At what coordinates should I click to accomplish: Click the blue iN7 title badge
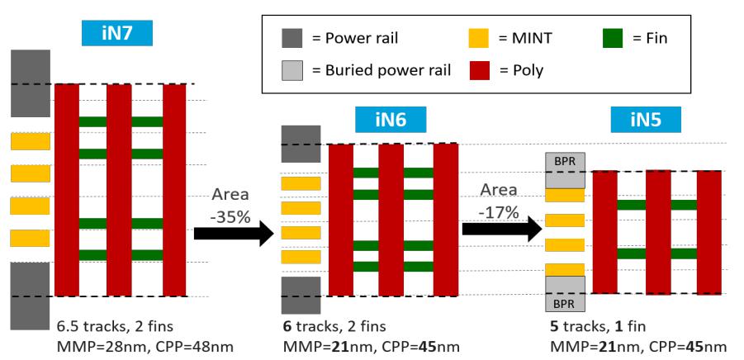click(x=117, y=34)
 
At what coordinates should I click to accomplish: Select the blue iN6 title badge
click(x=391, y=120)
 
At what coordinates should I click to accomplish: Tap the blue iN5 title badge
click(x=646, y=120)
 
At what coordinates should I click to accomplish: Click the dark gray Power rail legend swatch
click(x=291, y=38)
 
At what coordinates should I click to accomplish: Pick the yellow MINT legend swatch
click(x=479, y=38)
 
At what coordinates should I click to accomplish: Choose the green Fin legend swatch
click(x=612, y=38)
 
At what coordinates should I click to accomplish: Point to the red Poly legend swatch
click(x=479, y=70)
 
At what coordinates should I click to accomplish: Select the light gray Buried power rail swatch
click(x=291, y=70)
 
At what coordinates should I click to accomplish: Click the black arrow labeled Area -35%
click(x=234, y=233)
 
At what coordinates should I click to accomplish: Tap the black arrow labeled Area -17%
click(x=502, y=229)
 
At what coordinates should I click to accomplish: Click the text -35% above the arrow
click(x=230, y=218)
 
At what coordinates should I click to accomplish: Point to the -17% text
click(x=498, y=213)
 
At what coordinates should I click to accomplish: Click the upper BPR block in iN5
click(x=565, y=170)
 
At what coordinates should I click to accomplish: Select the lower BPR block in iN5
click(x=565, y=294)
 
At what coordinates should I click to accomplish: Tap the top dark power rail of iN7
click(x=31, y=83)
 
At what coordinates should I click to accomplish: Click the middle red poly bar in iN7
click(x=119, y=190)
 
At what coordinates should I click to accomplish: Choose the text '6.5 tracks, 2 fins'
click(x=115, y=327)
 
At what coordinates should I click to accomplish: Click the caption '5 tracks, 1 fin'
click(x=598, y=327)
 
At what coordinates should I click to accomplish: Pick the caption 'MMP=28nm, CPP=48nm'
click(x=145, y=347)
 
